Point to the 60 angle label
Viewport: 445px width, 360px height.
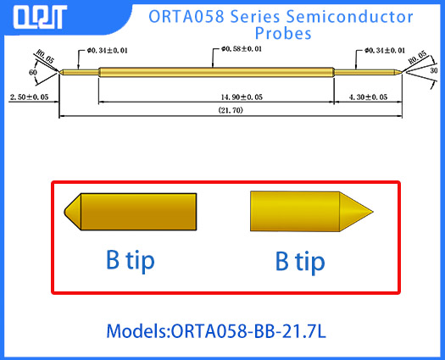[32, 74]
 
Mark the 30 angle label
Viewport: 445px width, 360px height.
[434, 71]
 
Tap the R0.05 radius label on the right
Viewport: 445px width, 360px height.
[418, 60]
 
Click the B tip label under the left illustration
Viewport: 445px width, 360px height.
[130, 260]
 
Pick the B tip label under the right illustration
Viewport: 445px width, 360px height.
[299, 261]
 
